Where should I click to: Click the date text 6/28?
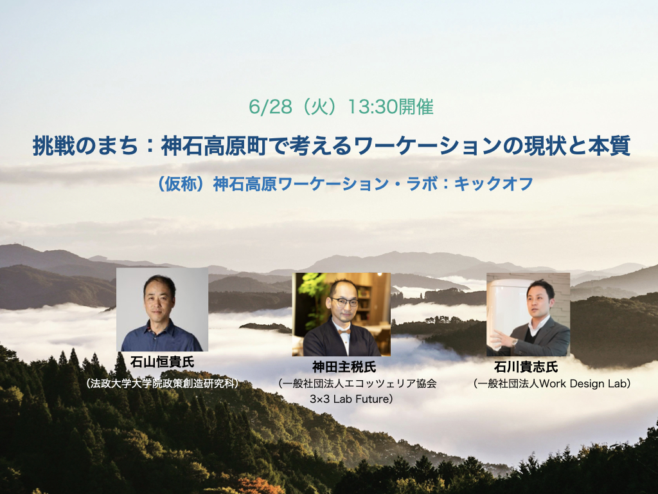click(271, 107)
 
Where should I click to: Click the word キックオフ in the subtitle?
click(493, 184)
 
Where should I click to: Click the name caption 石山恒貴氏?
click(163, 361)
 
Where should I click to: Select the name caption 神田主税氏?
click(344, 367)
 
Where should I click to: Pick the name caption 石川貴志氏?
click(526, 367)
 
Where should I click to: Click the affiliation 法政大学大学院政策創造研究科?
click(162, 383)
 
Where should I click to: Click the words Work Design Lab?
click(582, 383)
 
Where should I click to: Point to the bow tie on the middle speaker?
click(344, 331)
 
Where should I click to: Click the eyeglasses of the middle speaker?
click(344, 302)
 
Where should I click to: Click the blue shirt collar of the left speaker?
click(161, 327)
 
